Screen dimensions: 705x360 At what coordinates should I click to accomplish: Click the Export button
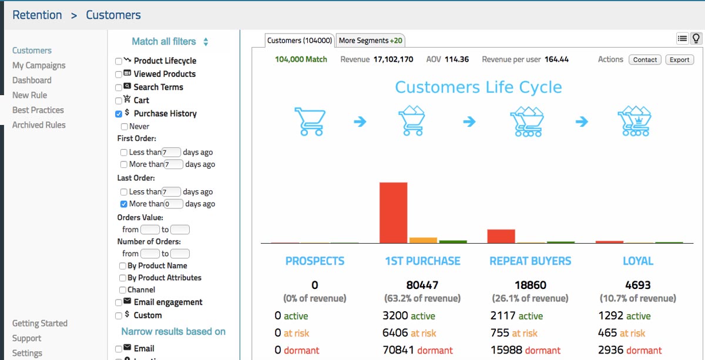(680, 59)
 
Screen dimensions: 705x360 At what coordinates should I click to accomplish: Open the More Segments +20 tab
(371, 41)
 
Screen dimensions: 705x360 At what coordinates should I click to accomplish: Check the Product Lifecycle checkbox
(119, 61)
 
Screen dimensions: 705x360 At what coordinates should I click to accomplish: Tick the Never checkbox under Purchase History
(125, 126)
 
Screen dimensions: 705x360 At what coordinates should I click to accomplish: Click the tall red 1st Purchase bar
(393, 213)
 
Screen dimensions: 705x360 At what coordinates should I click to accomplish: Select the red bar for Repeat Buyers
(501, 236)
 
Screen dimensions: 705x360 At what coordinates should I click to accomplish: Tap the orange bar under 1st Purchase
(423, 240)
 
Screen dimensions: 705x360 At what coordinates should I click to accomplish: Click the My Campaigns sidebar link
(39, 65)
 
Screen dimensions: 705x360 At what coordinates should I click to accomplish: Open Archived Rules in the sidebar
(39, 125)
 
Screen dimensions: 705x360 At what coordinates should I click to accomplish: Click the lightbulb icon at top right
(696, 39)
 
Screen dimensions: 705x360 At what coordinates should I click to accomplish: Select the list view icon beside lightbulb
(682, 39)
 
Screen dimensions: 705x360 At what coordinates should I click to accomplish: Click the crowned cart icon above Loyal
(635, 121)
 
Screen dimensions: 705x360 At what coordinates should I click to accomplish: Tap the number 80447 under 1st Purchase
(422, 285)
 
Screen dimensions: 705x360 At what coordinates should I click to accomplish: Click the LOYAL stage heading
(638, 261)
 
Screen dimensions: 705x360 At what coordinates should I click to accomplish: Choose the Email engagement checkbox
(119, 302)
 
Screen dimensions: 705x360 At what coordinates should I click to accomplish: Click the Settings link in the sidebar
(27, 353)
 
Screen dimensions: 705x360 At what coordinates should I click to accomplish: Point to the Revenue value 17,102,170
(394, 59)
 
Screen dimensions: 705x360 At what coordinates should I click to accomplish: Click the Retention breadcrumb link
(37, 15)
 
